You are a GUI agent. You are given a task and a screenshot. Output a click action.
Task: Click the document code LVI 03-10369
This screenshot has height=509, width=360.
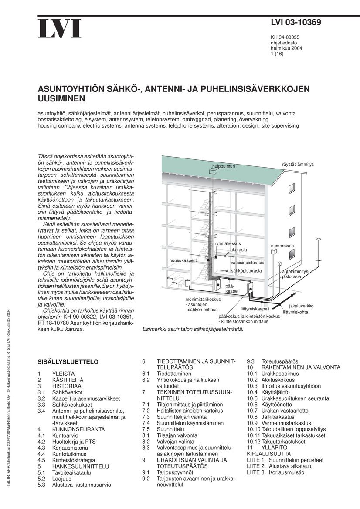pyautogui.click(x=296, y=23)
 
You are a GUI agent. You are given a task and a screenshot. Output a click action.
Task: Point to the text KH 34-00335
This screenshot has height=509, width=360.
pyautogui.click(x=285, y=37)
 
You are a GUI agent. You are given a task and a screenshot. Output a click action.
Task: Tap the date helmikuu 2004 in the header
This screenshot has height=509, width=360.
pyautogui.click(x=286, y=48)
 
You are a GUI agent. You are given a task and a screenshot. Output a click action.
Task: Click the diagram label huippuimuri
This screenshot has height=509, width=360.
pyautogui.click(x=224, y=166)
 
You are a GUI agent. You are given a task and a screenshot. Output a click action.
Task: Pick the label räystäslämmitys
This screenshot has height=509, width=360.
pyautogui.click(x=298, y=164)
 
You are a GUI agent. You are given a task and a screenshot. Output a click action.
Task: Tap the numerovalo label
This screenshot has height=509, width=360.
pyautogui.click(x=282, y=246)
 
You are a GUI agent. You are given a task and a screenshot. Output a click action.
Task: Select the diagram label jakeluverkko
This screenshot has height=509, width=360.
pyautogui.click(x=301, y=306)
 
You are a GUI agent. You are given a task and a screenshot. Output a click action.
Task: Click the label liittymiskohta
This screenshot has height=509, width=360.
pyautogui.click(x=295, y=312)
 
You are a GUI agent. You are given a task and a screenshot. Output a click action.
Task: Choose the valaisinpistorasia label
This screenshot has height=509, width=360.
pyautogui.click(x=248, y=263)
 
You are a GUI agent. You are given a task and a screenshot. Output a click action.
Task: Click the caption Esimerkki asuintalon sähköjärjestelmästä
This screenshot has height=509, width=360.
pyautogui.click(x=193, y=329)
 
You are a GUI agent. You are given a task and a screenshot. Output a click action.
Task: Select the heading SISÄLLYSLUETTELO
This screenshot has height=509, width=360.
pyautogui.click(x=68, y=362)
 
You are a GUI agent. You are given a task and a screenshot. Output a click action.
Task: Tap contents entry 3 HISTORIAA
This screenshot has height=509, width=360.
pyautogui.click(x=66, y=386)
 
